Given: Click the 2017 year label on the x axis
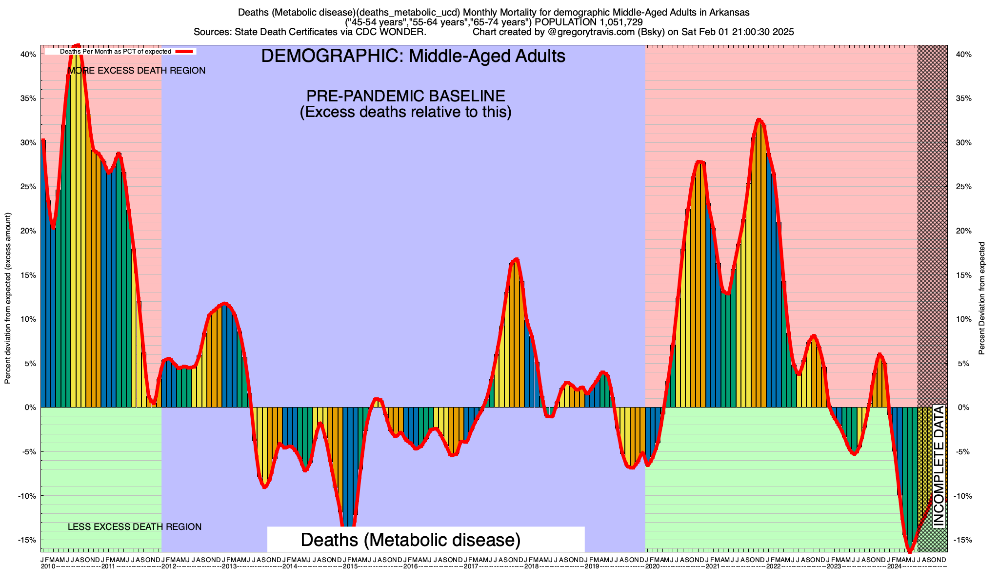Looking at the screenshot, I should [471, 566].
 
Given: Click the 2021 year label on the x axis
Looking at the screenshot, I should [713, 566].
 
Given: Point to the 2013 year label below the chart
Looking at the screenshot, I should [229, 566].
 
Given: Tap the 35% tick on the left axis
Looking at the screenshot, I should [28, 98].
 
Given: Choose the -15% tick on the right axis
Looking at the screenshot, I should [963, 540].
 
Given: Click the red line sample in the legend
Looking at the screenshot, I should [185, 51].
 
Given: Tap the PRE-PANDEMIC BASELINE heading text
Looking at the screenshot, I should [405, 96].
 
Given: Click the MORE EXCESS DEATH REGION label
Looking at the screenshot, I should [137, 71].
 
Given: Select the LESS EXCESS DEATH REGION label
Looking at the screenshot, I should [134, 527].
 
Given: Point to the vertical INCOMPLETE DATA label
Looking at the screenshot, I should [939, 466].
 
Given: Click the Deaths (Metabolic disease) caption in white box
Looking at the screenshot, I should [410, 540].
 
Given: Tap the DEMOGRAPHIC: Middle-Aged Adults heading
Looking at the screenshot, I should [413, 56].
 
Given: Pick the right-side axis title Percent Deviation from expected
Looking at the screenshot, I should [981, 298].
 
